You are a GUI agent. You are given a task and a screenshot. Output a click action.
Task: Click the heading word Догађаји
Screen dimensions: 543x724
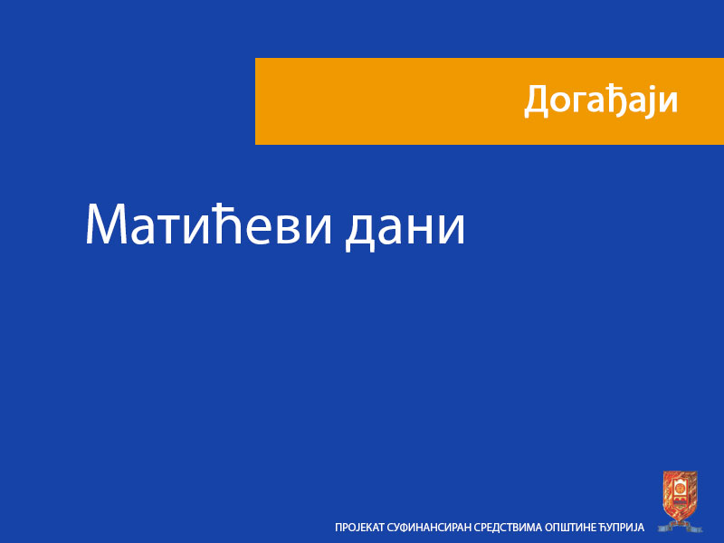tap(601, 100)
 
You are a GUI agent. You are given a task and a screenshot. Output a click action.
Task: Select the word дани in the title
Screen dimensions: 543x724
tap(405, 226)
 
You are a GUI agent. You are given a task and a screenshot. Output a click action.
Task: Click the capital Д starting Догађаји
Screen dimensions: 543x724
tap(537, 101)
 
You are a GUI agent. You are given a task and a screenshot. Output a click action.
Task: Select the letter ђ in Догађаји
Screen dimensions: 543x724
tap(619, 100)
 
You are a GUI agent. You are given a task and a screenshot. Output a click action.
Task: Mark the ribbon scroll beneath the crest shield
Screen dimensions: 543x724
tap(680, 524)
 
